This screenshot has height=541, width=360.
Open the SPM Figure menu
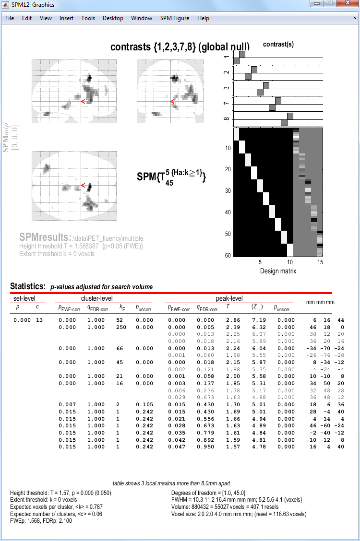click(x=175, y=18)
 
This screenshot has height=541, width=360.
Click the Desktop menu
click(x=113, y=18)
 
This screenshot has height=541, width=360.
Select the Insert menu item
click(x=66, y=18)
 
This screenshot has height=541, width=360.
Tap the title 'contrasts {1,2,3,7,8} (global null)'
click(x=180, y=47)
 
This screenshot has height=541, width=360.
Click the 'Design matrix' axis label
click(x=278, y=271)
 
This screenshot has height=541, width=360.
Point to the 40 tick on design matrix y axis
click(x=228, y=212)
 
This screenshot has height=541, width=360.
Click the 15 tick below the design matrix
click(x=320, y=263)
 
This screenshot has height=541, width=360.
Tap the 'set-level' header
click(x=23, y=298)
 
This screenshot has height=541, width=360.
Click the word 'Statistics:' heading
click(x=27, y=287)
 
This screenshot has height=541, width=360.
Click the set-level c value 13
click(x=38, y=320)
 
